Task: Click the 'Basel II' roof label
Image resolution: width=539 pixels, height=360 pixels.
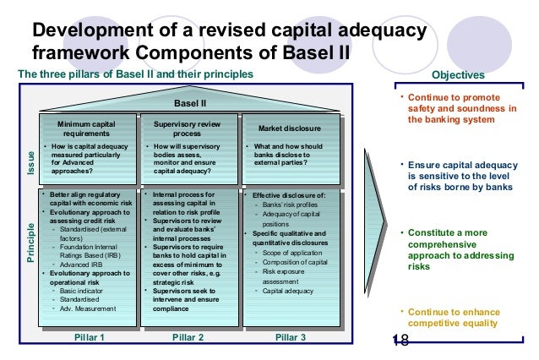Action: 190,103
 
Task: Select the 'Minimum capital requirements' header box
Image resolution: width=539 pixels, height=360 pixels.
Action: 86,128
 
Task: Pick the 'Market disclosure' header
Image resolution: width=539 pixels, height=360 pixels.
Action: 290,128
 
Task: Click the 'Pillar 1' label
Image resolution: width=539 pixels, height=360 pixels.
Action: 89,337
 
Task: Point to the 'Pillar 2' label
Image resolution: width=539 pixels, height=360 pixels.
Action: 188,337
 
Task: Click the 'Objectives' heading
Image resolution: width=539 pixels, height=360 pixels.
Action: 458,74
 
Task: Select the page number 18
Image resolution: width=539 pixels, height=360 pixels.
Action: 400,340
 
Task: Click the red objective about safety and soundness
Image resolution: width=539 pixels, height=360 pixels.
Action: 462,108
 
